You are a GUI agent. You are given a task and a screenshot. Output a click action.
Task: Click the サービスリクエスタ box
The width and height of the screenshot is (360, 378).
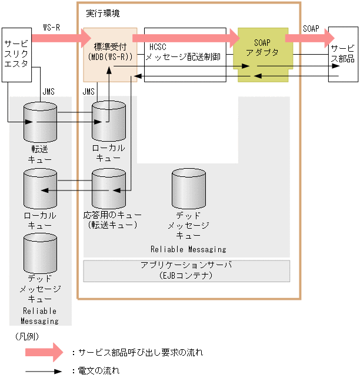[16, 54]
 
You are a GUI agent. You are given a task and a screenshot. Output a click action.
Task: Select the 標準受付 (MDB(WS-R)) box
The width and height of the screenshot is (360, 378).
[110, 53]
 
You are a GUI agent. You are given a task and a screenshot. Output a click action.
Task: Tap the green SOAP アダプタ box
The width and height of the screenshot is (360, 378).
[263, 53]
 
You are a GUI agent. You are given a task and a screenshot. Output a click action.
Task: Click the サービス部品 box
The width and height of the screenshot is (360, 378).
[342, 54]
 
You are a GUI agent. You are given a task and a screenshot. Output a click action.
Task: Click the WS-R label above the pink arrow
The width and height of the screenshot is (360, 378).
[52, 28]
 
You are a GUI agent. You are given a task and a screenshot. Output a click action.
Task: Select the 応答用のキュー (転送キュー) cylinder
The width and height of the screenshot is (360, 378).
[109, 188]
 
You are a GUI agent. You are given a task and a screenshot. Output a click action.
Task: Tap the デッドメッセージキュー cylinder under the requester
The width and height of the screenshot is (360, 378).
[40, 253]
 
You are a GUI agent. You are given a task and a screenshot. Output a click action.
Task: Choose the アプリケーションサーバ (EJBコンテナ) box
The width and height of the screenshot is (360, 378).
[186, 270]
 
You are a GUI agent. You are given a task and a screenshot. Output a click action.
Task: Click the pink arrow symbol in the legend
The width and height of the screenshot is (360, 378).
[44, 352]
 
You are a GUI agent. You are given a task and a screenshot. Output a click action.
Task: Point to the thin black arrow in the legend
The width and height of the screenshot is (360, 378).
[44, 371]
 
